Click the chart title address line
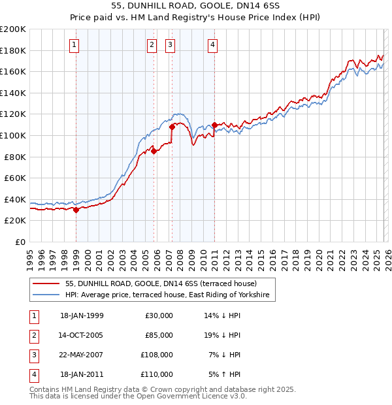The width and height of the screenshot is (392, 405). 196,7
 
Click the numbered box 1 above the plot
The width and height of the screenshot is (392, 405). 74,45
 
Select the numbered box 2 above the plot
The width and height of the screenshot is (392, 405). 152,45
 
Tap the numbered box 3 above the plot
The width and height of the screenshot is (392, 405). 170,45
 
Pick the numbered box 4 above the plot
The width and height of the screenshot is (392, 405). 213,45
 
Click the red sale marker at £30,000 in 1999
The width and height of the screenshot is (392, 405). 76,210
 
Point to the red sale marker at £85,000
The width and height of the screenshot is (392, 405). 154,151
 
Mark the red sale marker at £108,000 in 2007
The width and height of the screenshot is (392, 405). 172,127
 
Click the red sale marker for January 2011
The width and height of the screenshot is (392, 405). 214,124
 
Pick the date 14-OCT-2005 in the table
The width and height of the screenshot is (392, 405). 82,335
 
